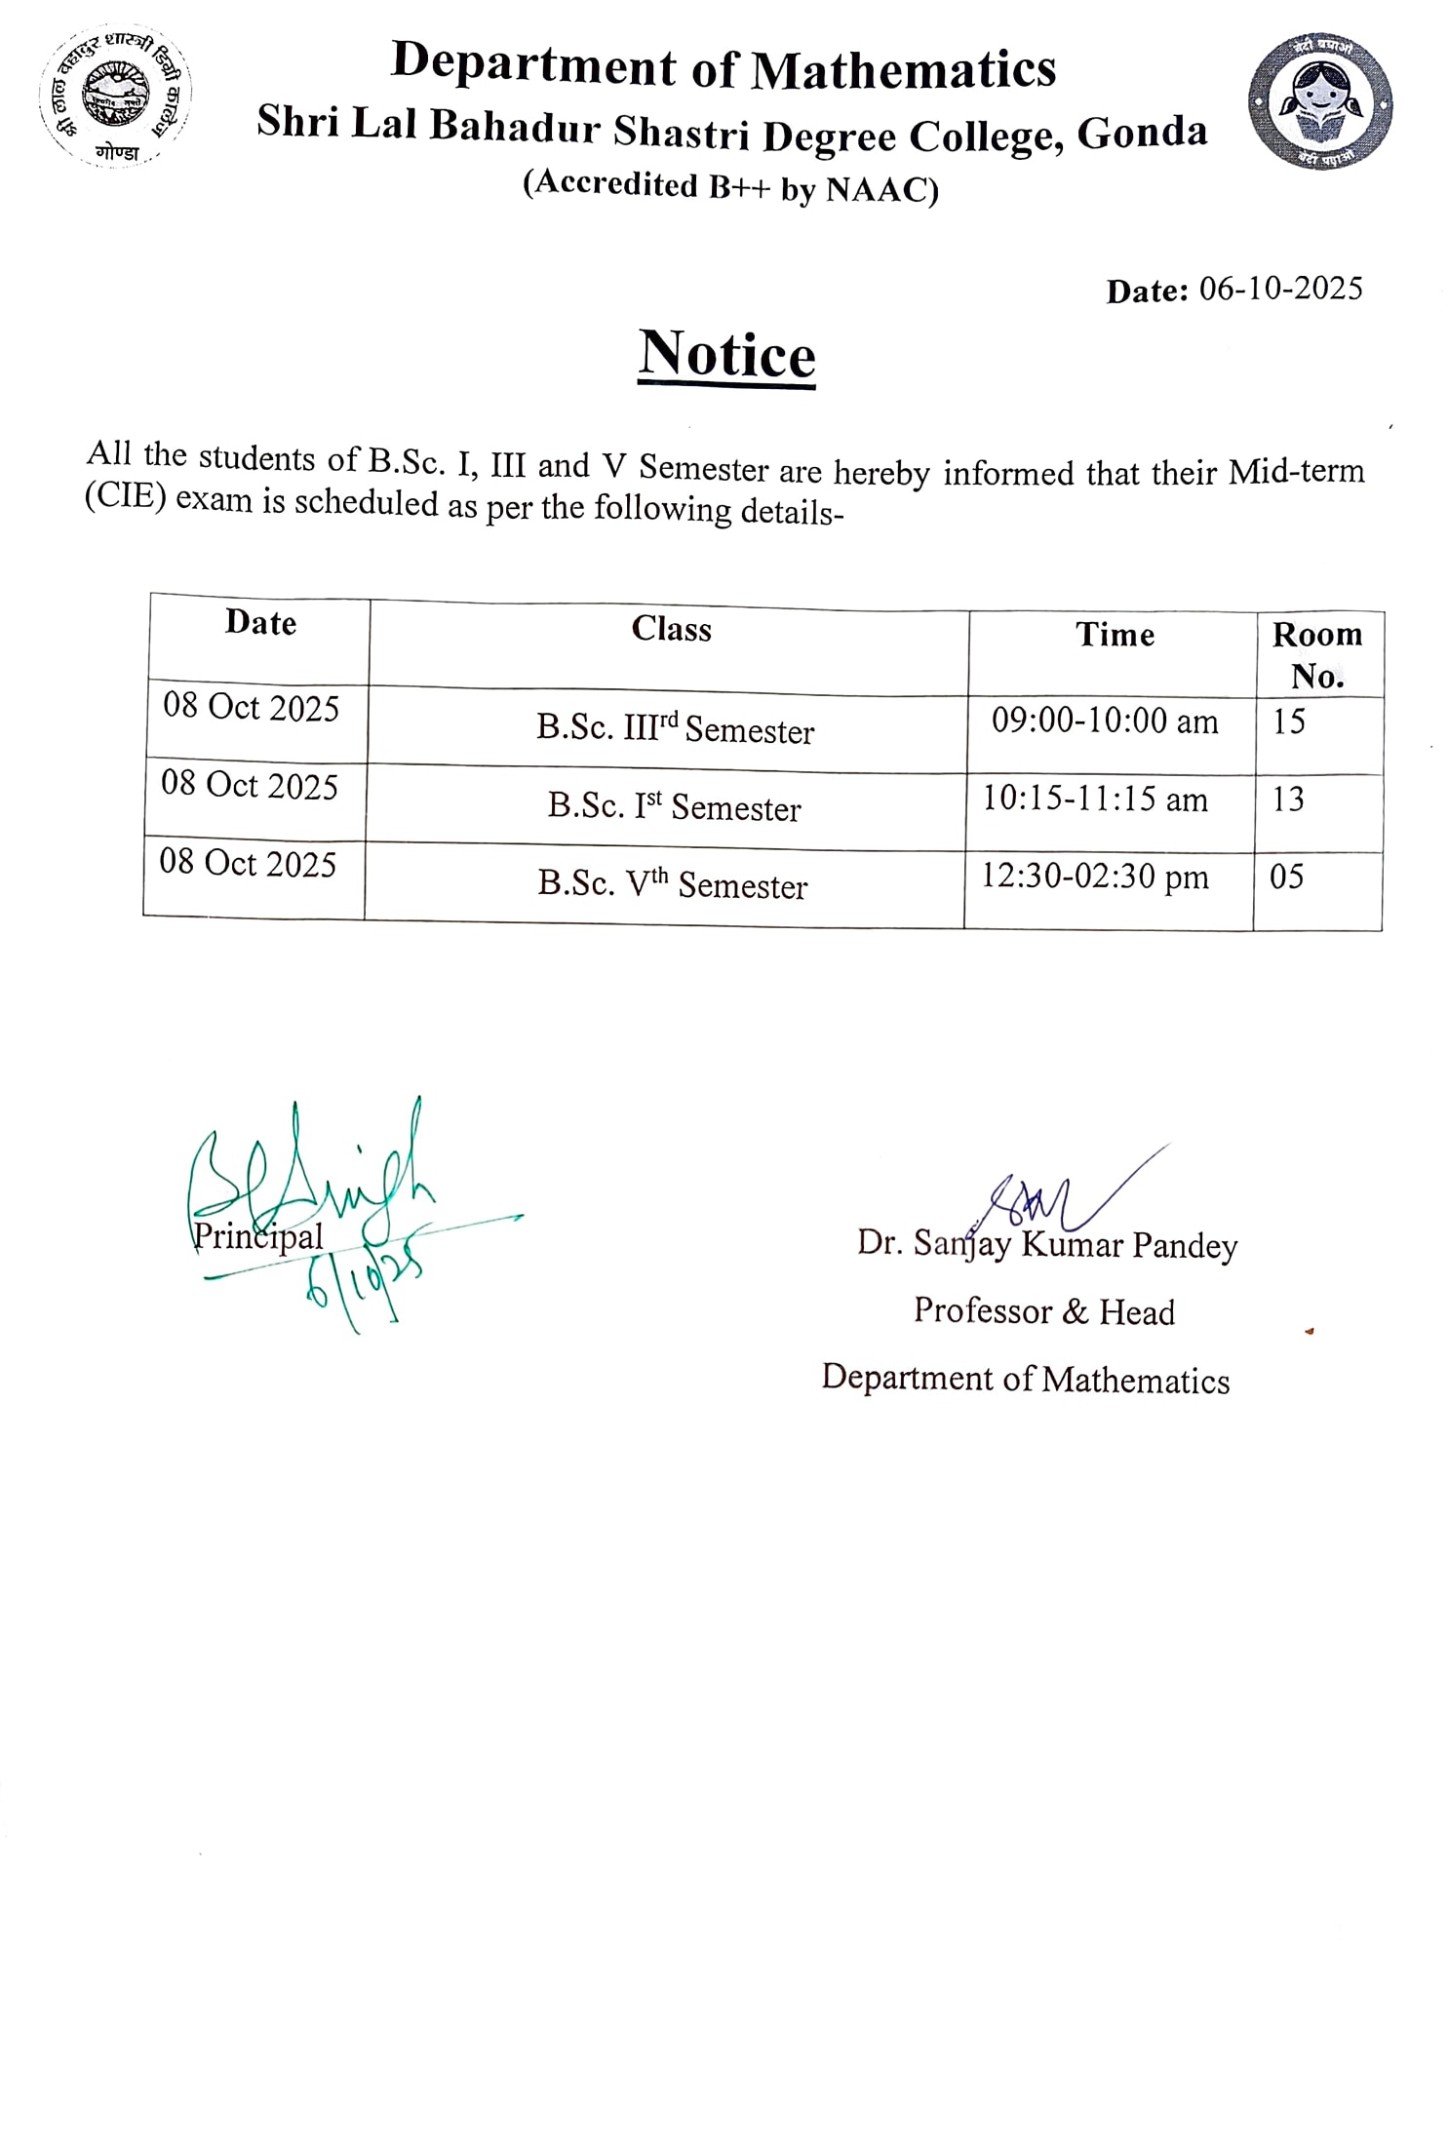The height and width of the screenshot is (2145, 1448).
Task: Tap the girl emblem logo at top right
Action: click(x=1319, y=101)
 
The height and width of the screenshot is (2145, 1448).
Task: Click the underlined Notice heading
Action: click(x=726, y=355)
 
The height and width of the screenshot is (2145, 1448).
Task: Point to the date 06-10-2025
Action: click(x=1279, y=289)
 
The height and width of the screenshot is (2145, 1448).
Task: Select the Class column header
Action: click(x=671, y=629)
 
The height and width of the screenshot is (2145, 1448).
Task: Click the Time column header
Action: click(x=1115, y=635)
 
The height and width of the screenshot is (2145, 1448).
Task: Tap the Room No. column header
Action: click(x=1316, y=654)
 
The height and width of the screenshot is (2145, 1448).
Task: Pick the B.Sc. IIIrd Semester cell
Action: click(x=675, y=729)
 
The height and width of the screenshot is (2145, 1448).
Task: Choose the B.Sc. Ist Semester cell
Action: click(x=674, y=807)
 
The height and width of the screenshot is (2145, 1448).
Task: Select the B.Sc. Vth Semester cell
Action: click(x=672, y=884)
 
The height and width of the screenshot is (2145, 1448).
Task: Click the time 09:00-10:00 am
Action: click(x=1105, y=721)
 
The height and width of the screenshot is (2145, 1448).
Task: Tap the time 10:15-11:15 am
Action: click(x=1094, y=799)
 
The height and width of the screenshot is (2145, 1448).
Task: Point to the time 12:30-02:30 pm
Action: click(x=1094, y=877)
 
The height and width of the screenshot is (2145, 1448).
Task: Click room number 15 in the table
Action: click(x=1288, y=721)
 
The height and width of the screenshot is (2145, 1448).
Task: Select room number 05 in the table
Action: click(x=1286, y=877)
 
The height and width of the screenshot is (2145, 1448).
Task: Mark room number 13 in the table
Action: click(x=1287, y=799)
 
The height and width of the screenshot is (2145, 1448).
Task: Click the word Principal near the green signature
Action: click(x=258, y=1237)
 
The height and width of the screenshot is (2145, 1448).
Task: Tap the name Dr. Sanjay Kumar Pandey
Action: click(x=1046, y=1245)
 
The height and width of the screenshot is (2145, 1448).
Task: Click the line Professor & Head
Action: click(x=1043, y=1311)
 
